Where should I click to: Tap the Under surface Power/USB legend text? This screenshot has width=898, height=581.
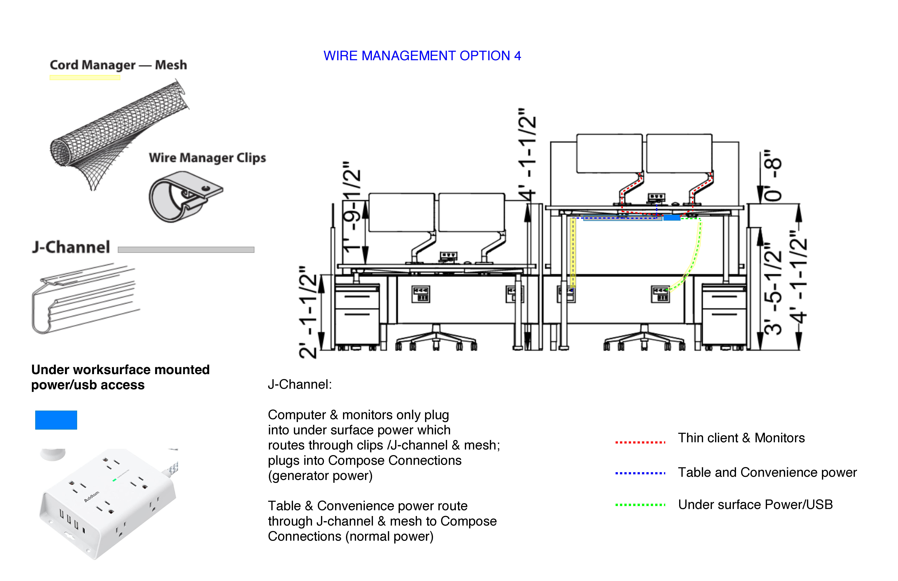(755, 504)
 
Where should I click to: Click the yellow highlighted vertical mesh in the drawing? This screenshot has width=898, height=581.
(573, 253)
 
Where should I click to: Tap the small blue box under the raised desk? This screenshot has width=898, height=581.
(672, 218)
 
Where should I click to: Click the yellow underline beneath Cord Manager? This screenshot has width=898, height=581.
(85, 78)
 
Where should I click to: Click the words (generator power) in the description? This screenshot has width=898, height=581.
(320, 476)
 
